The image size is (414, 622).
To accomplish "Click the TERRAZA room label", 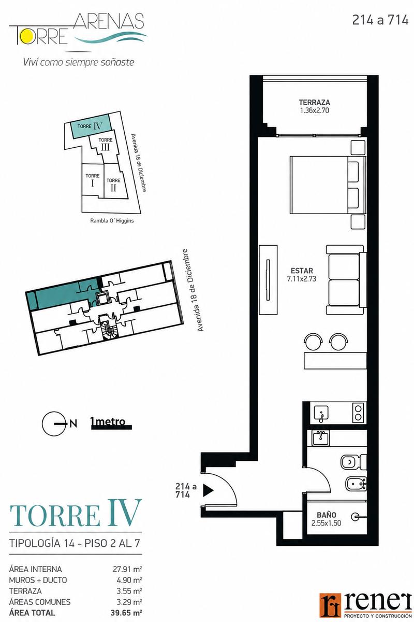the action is (x=315, y=102).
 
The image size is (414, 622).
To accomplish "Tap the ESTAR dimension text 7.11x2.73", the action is (x=302, y=278).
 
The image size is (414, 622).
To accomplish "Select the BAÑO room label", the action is (x=327, y=515).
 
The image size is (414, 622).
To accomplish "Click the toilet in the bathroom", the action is (x=353, y=462).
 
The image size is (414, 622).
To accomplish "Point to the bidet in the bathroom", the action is (x=356, y=484).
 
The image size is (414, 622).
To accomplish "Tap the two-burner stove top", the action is (x=358, y=413).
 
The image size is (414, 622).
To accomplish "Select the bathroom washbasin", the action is (x=320, y=438).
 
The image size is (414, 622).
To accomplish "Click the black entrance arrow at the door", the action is (x=208, y=490).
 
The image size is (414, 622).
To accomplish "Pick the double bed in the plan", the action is (x=328, y=185).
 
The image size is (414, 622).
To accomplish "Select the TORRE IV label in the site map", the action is (x=90, y=126).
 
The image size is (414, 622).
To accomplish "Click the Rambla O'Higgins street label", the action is (x=112, y=221).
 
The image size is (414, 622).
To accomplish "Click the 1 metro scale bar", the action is (x=111, y=427).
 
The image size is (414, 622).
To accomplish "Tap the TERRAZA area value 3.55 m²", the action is (x=129, y=590).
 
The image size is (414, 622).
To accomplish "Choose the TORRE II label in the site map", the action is (x=113, y=185).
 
